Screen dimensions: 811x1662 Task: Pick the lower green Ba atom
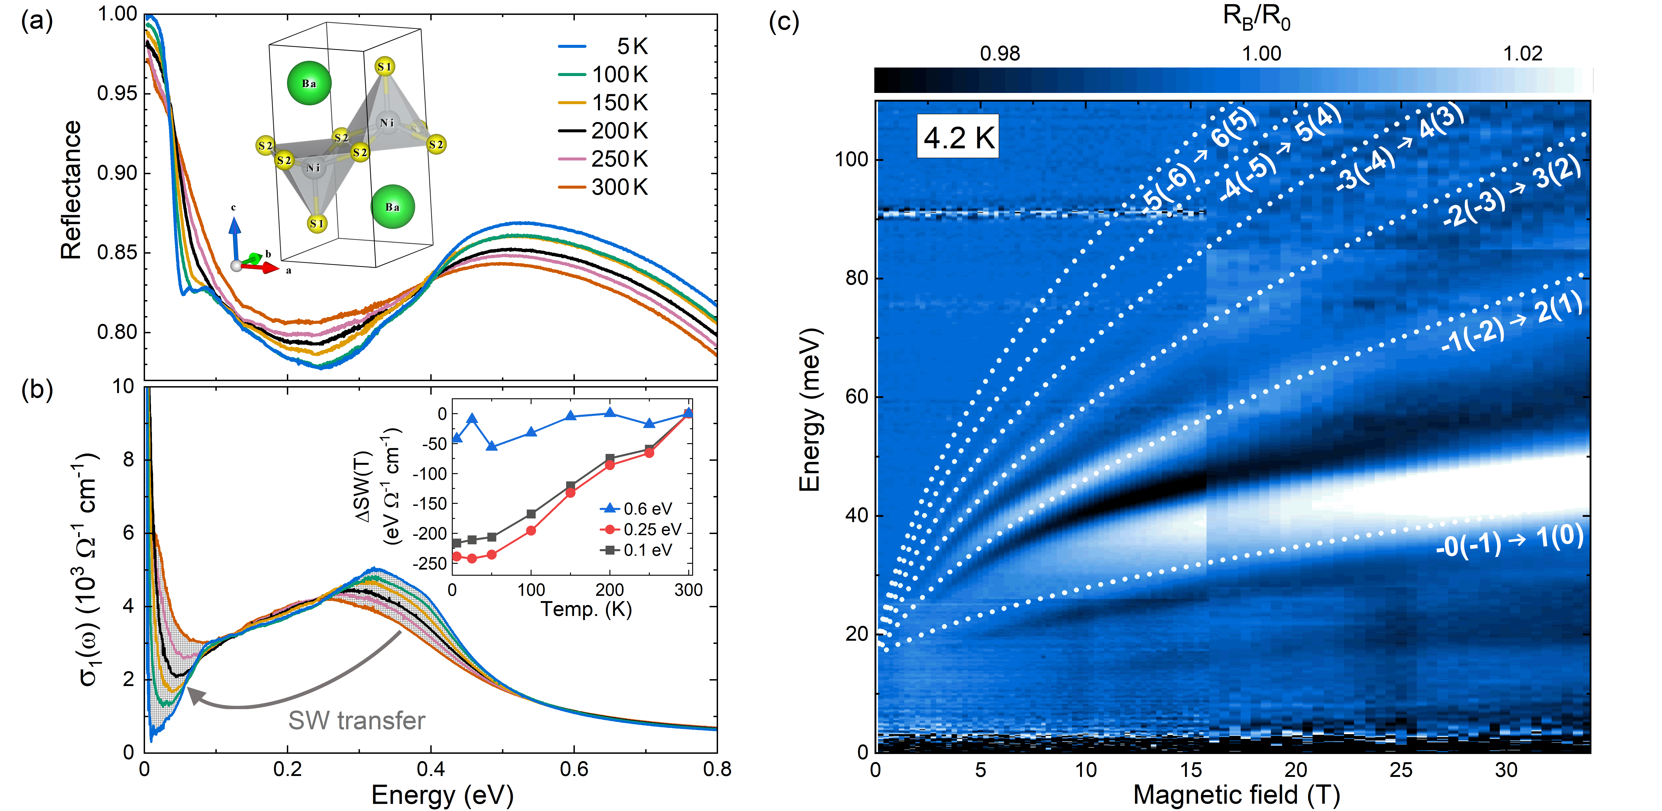pos(392,206)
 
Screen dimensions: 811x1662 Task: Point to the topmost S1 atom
pos(384,66)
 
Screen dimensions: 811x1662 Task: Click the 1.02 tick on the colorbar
pos(1523,54)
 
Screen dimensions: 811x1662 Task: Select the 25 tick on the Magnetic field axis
pos(1401,770)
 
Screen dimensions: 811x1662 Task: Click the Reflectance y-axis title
pos(71,190)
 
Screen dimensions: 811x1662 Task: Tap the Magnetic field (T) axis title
pos(1236,795)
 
